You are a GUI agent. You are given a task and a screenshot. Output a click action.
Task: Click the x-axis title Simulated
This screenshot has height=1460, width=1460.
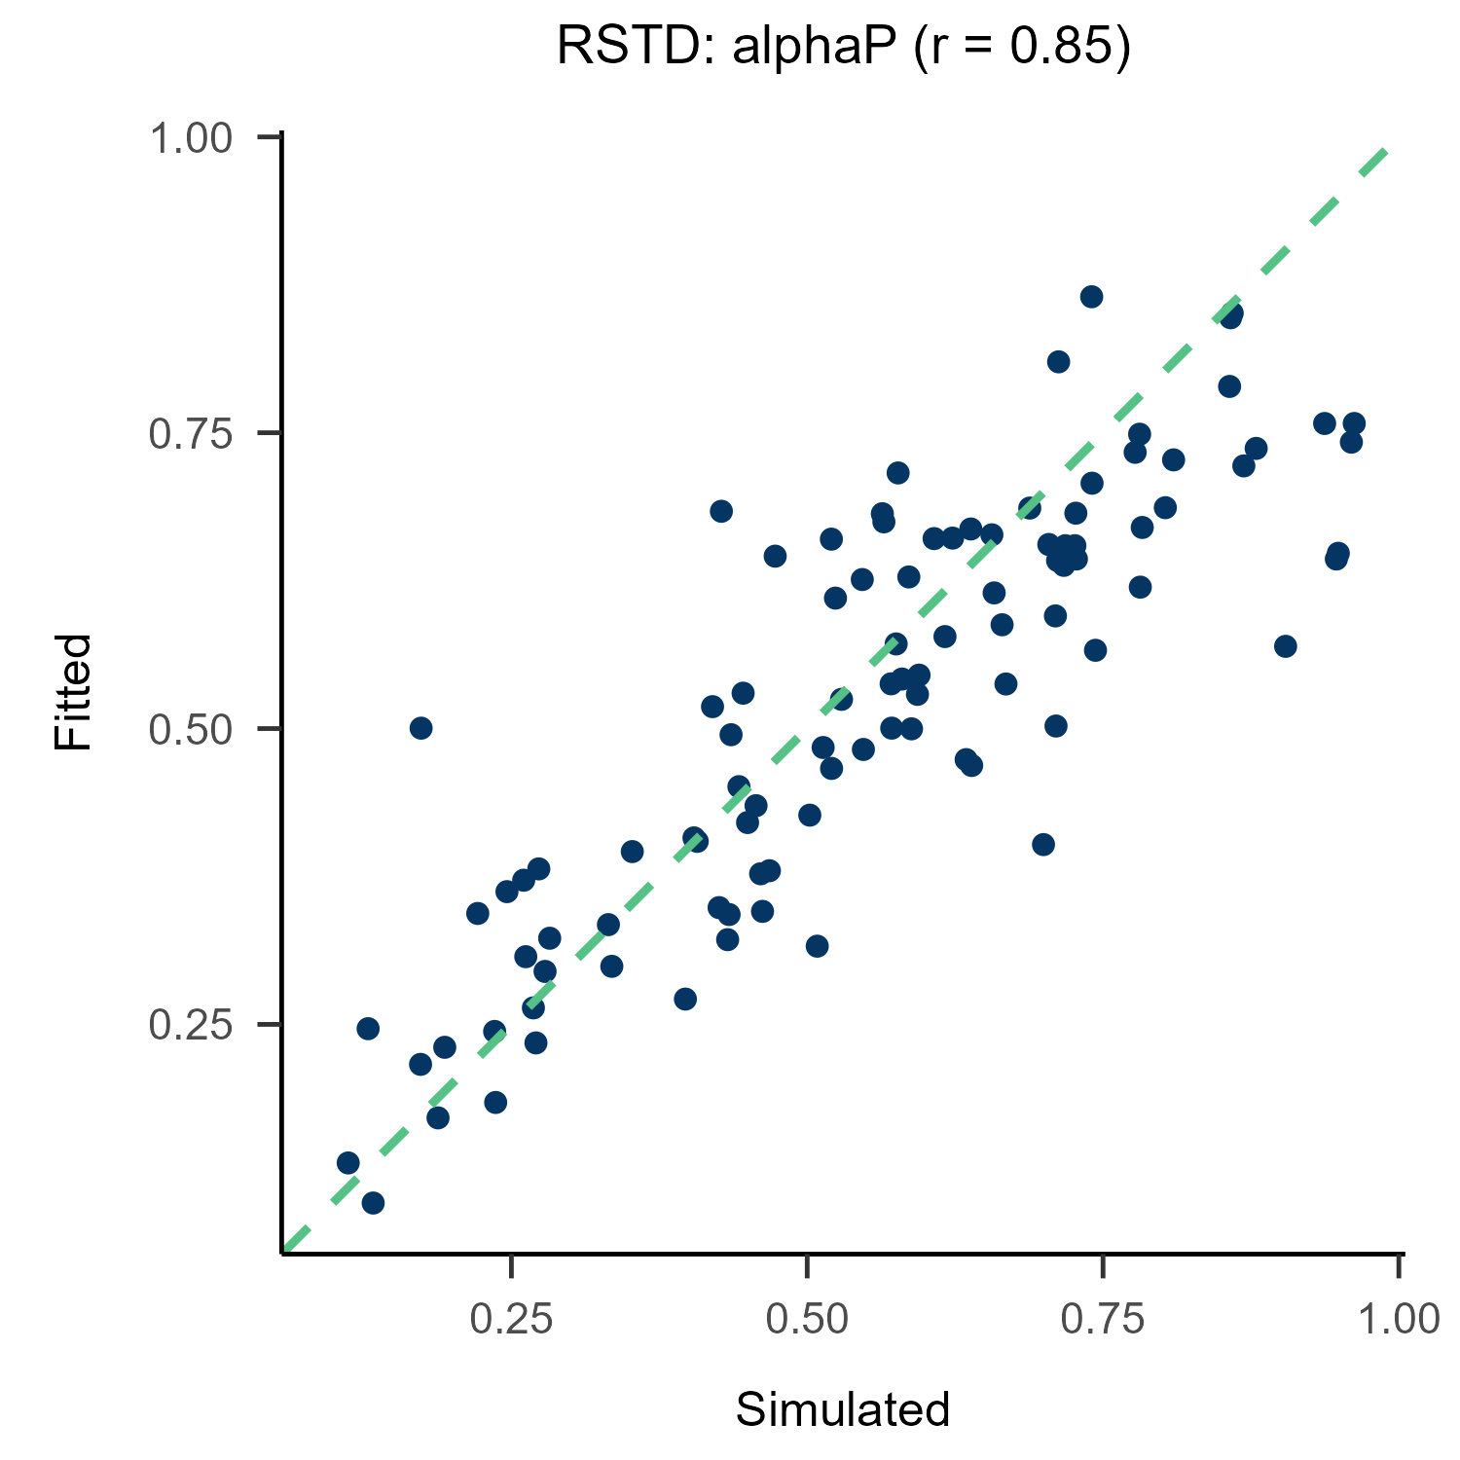tap(842, 1409)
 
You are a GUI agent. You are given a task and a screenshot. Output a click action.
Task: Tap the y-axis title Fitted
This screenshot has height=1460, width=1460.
tap(73, 691)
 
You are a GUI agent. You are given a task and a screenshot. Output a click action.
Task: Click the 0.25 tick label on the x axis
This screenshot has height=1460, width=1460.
tap(511, 1320)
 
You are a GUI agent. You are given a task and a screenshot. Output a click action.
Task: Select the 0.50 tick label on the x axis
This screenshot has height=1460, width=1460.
tap(807, 1320)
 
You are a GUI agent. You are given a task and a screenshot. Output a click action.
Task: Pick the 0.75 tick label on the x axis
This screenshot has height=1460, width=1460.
tap(1103, 1320)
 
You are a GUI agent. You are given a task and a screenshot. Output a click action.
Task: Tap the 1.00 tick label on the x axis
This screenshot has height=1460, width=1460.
tap(1398, 1320)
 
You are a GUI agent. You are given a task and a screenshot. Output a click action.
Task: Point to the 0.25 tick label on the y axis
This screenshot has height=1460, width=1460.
tap(191, 1025)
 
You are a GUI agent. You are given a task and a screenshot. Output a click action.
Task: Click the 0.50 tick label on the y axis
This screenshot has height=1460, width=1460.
tap(191, 729)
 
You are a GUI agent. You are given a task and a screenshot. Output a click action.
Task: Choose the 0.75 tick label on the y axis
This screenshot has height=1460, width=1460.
tap(191, 434)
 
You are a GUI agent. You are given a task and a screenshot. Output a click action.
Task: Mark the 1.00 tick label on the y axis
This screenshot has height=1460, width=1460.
tap(191, 138)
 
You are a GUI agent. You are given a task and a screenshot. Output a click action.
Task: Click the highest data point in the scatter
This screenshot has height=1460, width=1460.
tap(1091, 297)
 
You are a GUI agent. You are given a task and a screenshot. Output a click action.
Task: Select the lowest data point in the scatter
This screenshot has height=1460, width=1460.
tap(373, 1203)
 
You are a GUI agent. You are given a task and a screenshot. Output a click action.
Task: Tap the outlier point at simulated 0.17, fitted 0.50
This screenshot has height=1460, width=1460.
tap(420, 728)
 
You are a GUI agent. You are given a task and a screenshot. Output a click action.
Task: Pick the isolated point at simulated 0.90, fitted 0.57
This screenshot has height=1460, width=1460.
tap(1286, 646)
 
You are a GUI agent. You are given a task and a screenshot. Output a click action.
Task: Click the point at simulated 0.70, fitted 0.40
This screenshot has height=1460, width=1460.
tap(1043, 844)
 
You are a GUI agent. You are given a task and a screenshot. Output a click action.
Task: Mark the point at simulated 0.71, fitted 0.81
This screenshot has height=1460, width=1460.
tap(1058, 362)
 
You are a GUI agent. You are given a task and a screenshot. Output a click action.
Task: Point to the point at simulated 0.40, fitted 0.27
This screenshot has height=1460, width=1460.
tap(685, 999)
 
